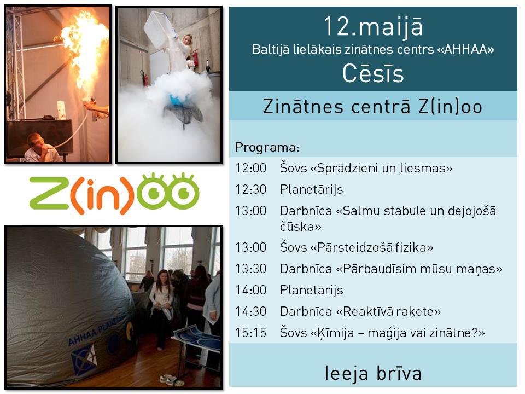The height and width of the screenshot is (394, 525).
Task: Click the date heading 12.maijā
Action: pyautogui.click(x=373, y=27)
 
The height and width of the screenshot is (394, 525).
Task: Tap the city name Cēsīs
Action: pyautogui.click(x=373, y=73)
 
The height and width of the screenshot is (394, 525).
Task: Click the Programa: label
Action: pyautogui.click(x=267, y=147)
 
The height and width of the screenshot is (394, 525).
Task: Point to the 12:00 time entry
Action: pyautogui.click(x=250, y=168)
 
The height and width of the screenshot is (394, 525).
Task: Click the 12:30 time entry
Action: pyautogui.click(x=250, y=189)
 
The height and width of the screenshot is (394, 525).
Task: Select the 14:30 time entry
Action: pyautogui.click(x=250, y=311)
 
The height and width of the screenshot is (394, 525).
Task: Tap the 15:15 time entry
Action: pyautogui.click(x=250, y=333)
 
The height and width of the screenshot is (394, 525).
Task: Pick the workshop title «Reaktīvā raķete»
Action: pyautogui.click(x=388, y=311)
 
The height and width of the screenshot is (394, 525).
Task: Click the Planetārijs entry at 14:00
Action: pyautogui.click(x=311, y=290)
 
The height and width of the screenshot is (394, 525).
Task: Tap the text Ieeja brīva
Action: pyautogui.click(x=373, y=373)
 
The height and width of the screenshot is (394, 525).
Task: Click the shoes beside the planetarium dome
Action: pyautogui.click(x=171, y=380)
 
